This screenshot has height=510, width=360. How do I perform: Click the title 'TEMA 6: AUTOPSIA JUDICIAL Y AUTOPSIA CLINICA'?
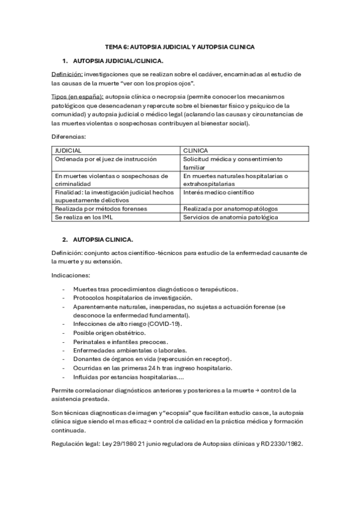click(x=180, y=46)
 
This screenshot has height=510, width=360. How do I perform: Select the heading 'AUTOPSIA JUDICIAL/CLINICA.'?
click(x=117, y=61)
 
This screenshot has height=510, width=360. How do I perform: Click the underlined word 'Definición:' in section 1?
click(x=66, y=74)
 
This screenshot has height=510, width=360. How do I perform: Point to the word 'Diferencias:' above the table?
click(x=69, y=137)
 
